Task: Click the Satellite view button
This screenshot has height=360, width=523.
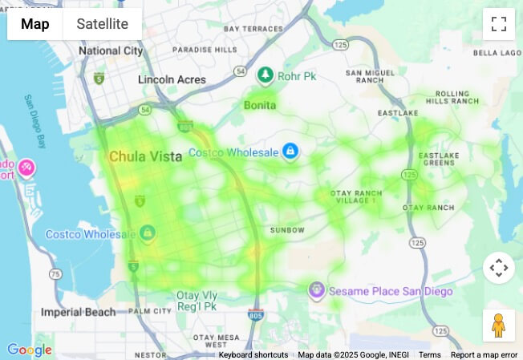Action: pyautogui.click(x=102, y=24)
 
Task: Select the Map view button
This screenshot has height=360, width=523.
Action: pyautogui.click(x=35, y=24)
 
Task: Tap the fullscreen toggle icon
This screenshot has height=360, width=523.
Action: pyautogui.click(x=498, y=24)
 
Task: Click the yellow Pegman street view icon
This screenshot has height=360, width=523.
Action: pyautogui.click(x=498, y=325)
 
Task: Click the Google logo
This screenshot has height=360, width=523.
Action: pyautogui.click(x=29, y=350)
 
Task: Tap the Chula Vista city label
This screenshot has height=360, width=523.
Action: pyautogui.click(x=145, y=156)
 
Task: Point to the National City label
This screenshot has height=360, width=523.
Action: pyautogui.click(x=111, y=51)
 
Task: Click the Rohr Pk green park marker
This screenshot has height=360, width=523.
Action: pyautogui.click(x=266, y=75)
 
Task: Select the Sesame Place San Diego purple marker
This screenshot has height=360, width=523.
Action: pyautogui.click(x=317, y=289)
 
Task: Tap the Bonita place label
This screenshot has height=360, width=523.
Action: pyautogui.click(x=260, y=105)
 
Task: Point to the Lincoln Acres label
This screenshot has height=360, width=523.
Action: pyautogui.click(x=172, y=80)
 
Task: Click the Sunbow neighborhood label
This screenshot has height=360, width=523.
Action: pyautogui.click(x=287, y=230)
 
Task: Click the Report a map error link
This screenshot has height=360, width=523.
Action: pyautogui.click(x=484, y=355)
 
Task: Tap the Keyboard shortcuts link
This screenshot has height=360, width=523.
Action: pyautogui.click(x=253, y=355)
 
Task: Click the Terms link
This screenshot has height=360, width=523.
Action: pyautogui.click(x=430, y=355)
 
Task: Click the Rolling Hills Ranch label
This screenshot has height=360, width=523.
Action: pyautogui.click(x=452, y=98)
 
